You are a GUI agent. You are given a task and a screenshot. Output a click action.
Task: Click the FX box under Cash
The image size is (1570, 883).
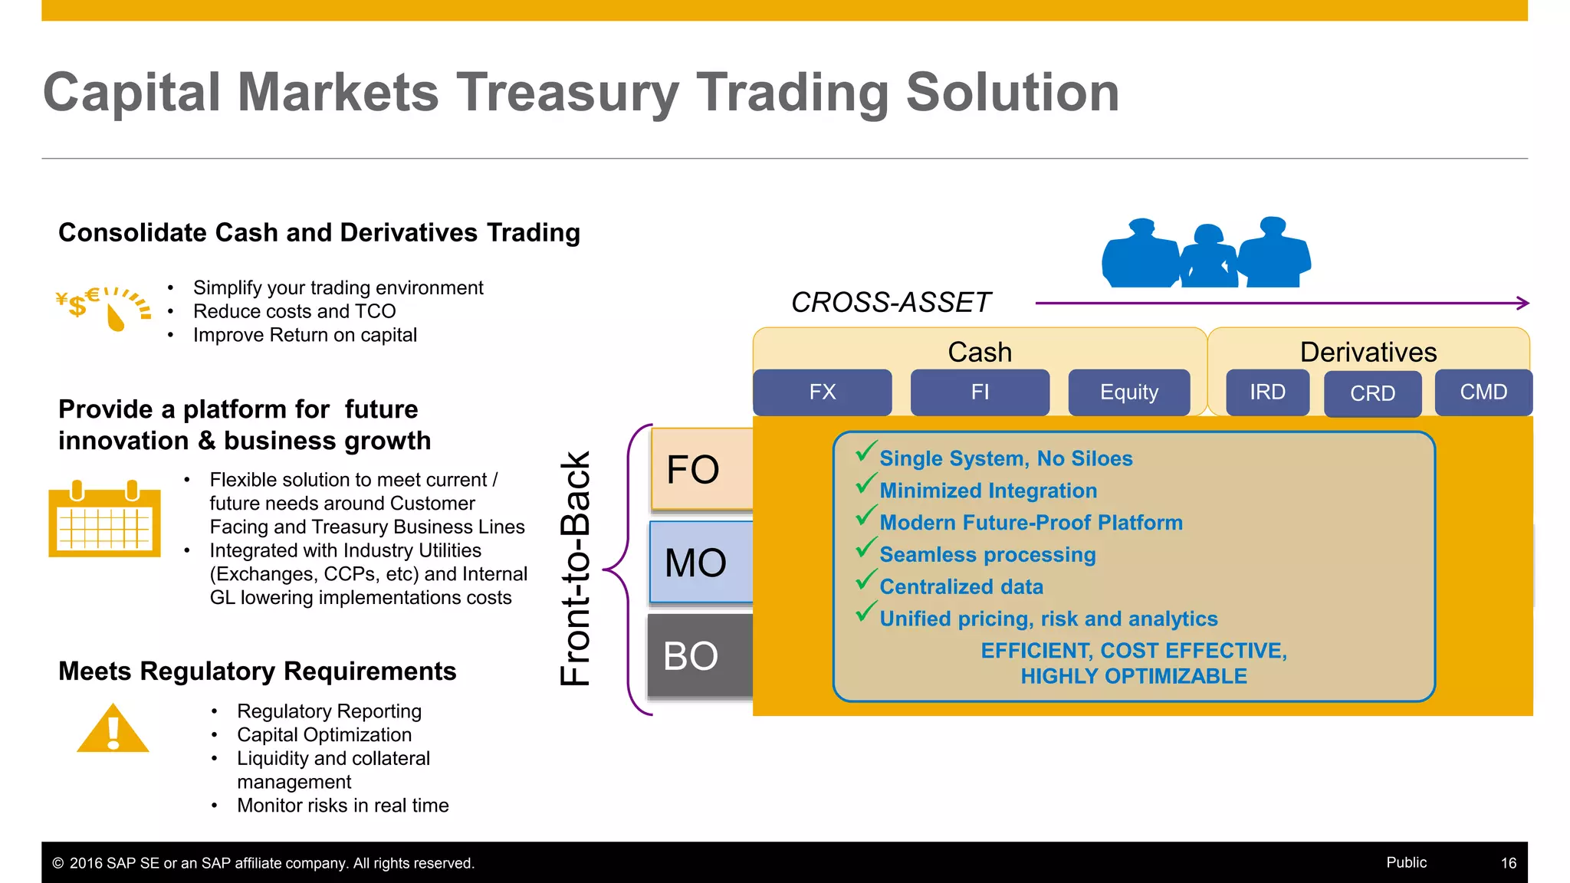[822, 392]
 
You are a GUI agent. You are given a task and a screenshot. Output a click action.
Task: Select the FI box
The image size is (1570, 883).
[980, 392]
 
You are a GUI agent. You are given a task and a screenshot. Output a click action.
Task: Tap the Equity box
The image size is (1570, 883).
[1128, 392]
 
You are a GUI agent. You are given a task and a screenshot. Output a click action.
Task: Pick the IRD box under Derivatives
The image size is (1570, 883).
[1267, 392]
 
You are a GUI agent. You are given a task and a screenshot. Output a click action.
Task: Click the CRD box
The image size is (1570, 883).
[1372, 394]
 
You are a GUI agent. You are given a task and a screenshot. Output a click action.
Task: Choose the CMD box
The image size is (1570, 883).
[1483, 392]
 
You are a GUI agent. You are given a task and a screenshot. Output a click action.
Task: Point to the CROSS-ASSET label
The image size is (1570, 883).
[891, 303]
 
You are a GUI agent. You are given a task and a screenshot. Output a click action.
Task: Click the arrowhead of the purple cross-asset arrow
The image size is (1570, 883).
[1523, 304]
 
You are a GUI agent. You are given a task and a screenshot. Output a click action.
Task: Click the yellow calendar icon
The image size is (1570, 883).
[104, 520]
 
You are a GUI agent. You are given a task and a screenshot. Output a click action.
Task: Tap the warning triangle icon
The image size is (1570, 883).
[113, 730]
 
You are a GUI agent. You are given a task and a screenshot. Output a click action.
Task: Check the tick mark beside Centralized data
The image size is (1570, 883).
[866, 580]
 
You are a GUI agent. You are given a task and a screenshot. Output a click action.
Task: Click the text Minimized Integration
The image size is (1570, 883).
[988, 491]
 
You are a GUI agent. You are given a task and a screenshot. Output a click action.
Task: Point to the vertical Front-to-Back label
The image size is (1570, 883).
[575, 568]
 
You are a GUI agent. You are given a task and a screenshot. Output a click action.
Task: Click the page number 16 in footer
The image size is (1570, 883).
[1508, 863]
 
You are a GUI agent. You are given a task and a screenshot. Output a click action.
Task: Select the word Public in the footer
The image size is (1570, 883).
[1406, 862]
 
